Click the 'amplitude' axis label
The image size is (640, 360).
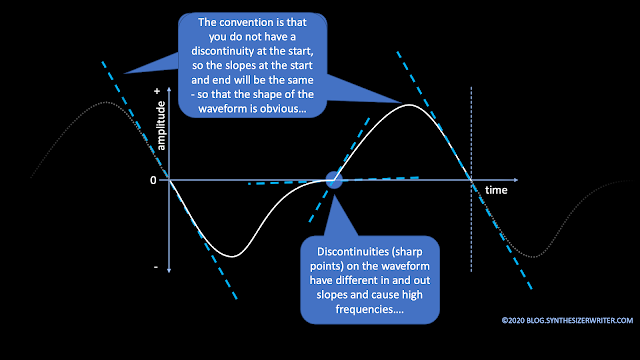[x=161, y=126]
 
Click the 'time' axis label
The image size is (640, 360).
[x=496, y=190]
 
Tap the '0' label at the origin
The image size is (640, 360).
[x=153, y=180]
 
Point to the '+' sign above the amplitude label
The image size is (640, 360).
[x=157, y=91]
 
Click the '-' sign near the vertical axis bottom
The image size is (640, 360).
[x=156, y=267]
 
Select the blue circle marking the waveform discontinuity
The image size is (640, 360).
[x=334, y=180]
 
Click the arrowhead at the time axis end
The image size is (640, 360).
[x=516, y=180]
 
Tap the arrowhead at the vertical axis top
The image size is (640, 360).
[x=169, y=89]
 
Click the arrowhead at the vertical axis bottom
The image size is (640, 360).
[x=169, y=270]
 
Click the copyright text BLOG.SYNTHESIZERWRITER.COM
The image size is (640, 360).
[x=567, y=320]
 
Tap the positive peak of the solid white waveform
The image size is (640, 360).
[x=409, y=105]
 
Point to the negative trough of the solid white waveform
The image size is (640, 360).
[x=232, y=256]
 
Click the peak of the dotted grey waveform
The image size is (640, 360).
[x=107, y=102]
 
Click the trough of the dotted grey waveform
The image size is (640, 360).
[x=533, y=257]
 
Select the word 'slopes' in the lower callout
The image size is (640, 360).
[x=330, y=295]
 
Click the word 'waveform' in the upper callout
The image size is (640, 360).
[x=218, y=109]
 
